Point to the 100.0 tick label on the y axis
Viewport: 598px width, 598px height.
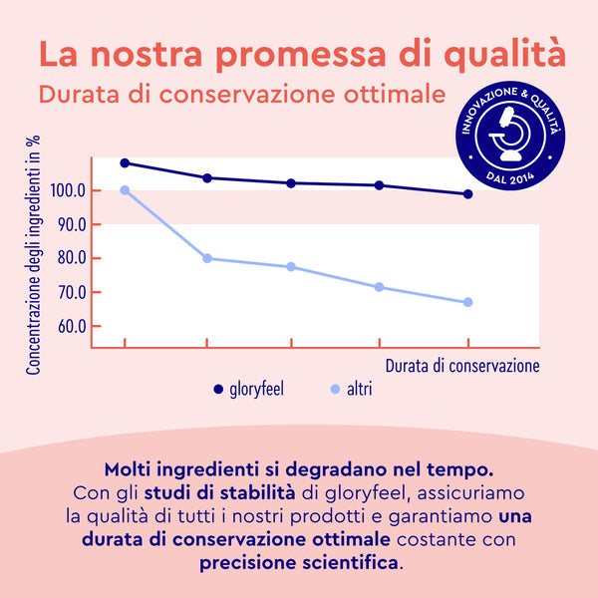click(65, 190)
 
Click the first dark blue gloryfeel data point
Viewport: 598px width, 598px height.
click(125, 162)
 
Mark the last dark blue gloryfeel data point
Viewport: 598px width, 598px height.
click(467, 194)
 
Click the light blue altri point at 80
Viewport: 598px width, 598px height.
click(207, 258)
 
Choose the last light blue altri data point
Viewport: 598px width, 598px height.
click(467, 302)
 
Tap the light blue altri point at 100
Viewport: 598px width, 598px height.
click(125, 190)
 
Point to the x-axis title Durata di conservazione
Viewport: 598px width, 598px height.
click(462, 365)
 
